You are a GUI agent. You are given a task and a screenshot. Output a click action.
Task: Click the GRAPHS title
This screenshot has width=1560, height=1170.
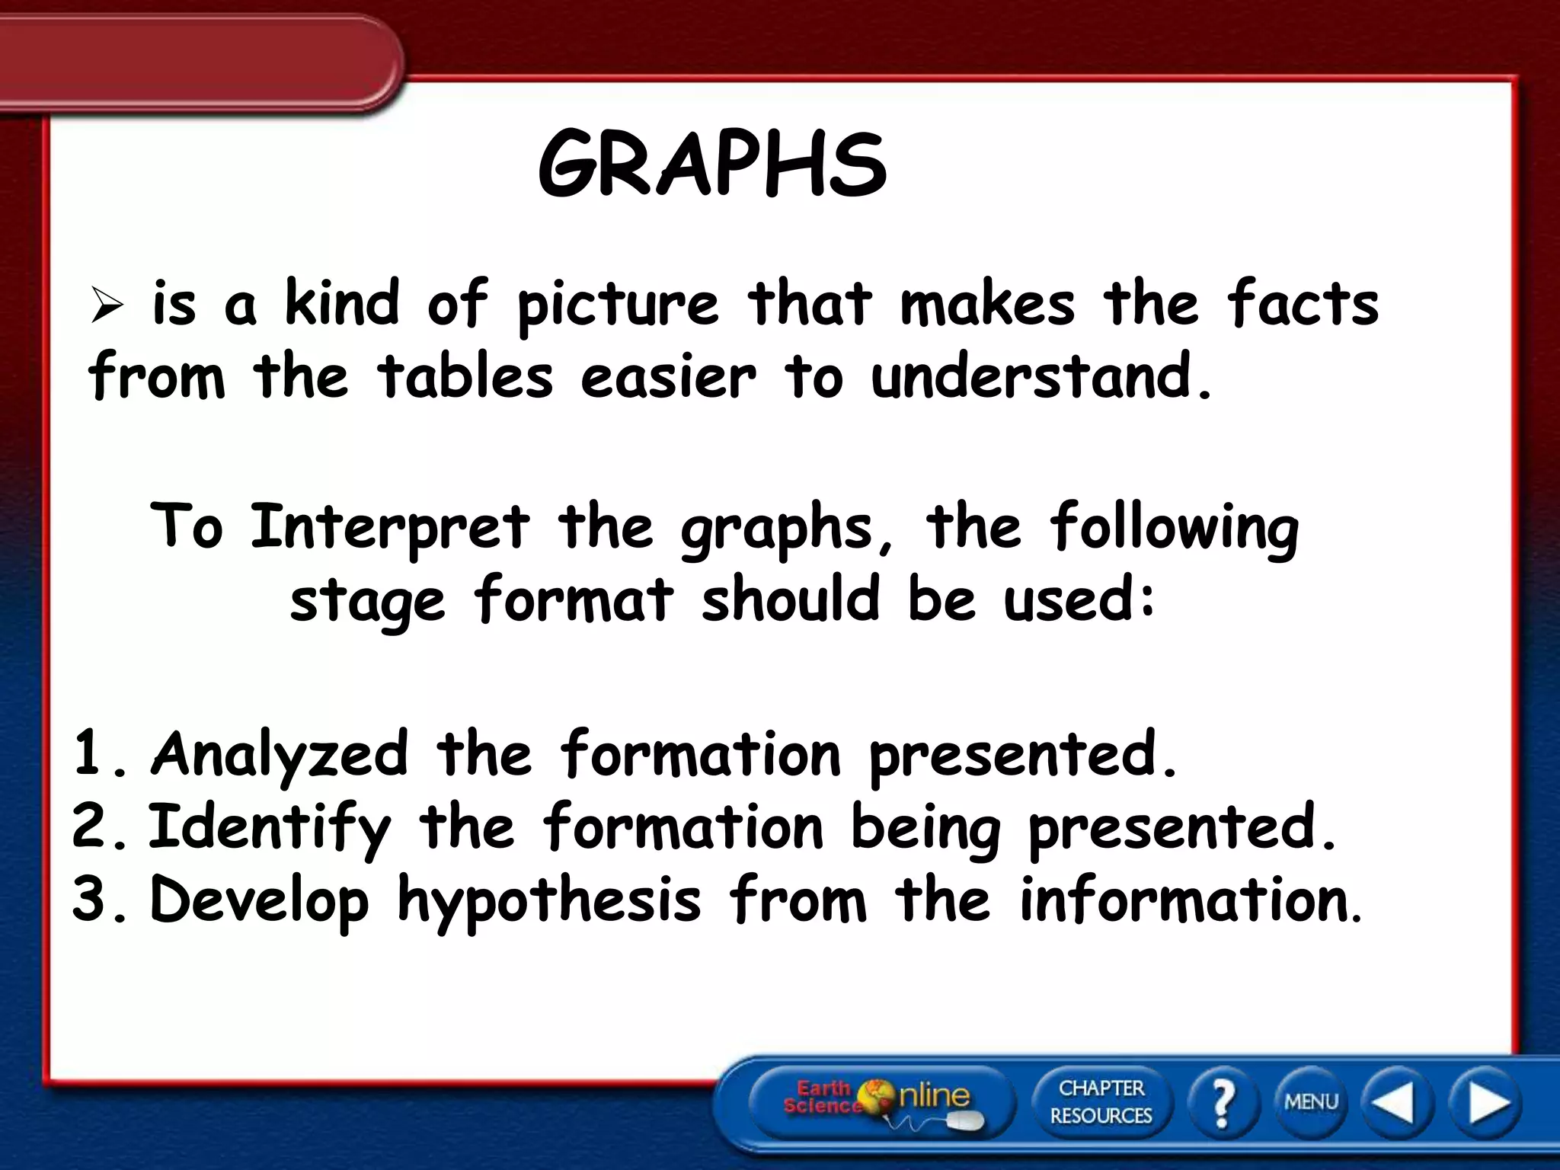pos(712,165)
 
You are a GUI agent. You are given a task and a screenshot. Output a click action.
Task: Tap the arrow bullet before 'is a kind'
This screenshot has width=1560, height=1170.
pos(107,306)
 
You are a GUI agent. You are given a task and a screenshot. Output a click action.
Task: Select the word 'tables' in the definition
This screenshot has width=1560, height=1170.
pos(465,376)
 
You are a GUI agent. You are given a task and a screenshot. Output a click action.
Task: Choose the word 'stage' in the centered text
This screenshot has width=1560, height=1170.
pos(367,601)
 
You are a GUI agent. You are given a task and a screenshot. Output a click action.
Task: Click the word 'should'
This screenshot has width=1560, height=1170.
pos(791,598)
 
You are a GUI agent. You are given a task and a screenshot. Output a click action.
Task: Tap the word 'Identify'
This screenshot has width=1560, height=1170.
pos(269,829)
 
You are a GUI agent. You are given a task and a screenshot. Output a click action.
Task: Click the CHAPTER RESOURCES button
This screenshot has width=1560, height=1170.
pos(1101,1101)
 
